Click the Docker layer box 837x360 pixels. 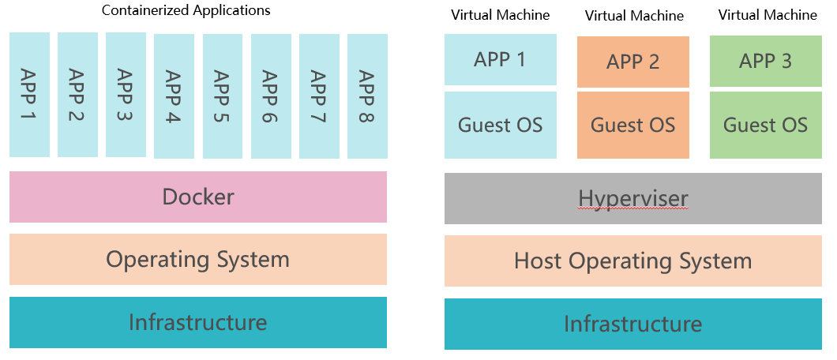click(x=198, y=197)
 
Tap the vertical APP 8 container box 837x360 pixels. click(x=367, y=96)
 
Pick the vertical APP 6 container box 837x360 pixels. click(x=271, y=96)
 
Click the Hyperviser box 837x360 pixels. click(x=633, y=198)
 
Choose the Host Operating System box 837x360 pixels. click(x=633, y=261)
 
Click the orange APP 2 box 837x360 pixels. click(x=633, y=62)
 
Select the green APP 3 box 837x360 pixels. click(x=765, y=61)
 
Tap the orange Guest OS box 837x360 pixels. click(x=633, y=125)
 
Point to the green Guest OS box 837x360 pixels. click(x=765, y=125)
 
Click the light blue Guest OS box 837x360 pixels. click(x=501, y=125)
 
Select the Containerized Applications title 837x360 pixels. click(x=186, y=10)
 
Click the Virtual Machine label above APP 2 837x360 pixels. click(x=634, y=16)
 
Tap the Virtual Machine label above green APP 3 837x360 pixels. click(x=768, y=14)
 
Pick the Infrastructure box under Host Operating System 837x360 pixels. click(x=633, y=324)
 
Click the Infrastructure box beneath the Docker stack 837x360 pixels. click(x=198, y=322)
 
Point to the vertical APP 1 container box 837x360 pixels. click(x=29, y=95)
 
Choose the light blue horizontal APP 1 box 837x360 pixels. click(x=501, y=60)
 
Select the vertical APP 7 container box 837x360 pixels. click(x=319, y=96)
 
